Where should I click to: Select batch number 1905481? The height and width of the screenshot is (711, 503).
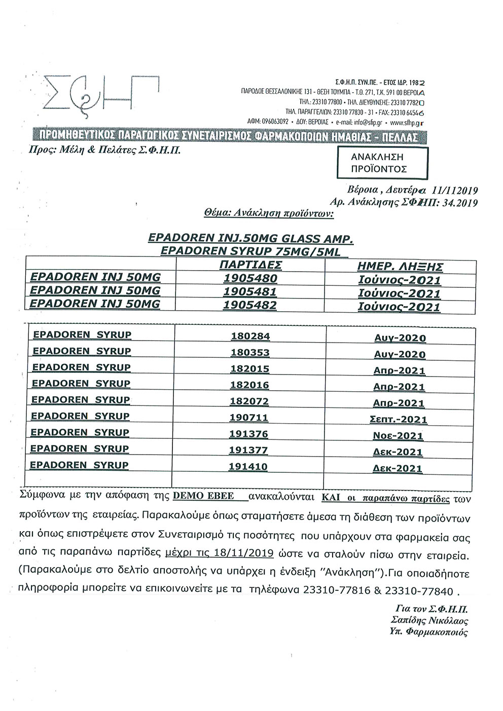(251, 292)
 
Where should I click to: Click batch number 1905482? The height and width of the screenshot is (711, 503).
(251, 306)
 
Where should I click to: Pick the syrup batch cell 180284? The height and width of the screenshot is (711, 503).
(250, 336)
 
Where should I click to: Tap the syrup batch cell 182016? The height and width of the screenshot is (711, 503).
(250, 385)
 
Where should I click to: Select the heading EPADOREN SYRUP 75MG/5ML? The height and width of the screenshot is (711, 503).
(248, 252)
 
